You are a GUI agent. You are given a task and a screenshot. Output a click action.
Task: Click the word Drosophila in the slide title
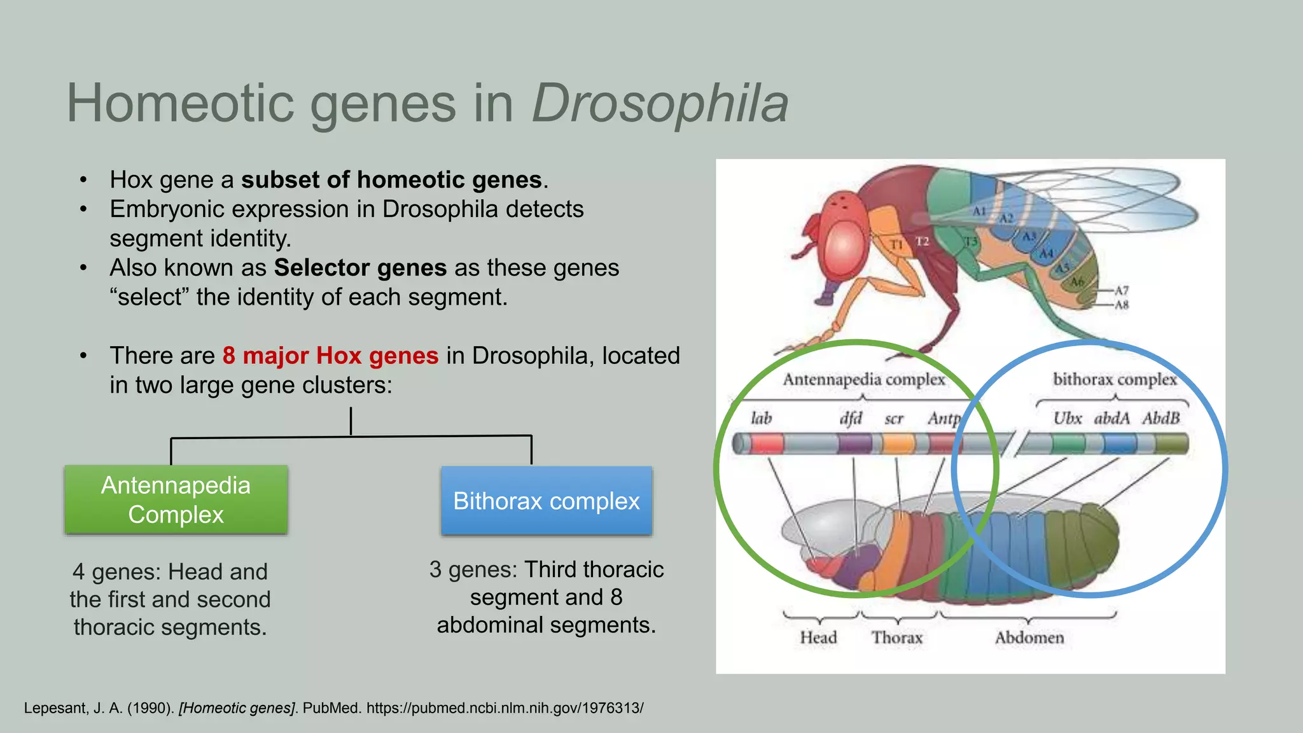tap(660, 103)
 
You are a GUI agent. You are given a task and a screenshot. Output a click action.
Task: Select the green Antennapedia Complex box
tap(176, 499)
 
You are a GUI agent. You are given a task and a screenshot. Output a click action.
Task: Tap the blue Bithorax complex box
tap(546, 501)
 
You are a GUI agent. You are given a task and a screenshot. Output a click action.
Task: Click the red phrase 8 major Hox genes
tap(330, 356)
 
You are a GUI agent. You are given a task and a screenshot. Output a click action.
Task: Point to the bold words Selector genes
tap(360, 268)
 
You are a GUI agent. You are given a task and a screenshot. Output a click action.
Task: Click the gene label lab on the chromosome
tap(761, 418)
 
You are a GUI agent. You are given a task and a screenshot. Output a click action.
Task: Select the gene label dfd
tap(851, 418)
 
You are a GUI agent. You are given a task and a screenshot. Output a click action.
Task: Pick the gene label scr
tap(894, 419)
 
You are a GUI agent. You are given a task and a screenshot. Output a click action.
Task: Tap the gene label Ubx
tap(1067, 418)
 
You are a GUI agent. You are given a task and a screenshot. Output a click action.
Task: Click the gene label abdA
tap(1111, 418)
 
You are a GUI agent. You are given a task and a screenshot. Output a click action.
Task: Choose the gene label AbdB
tap(1160, 418)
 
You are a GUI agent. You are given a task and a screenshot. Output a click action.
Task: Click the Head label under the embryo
tap(818, 638)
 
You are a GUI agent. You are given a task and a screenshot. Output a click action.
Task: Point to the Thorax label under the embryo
tap(896, 638)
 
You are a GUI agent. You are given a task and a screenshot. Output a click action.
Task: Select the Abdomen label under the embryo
tap(1029, 638)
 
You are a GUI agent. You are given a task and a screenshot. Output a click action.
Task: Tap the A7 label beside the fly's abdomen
tap(1121, 290)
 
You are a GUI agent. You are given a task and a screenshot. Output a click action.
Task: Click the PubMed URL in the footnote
tap(505, 708)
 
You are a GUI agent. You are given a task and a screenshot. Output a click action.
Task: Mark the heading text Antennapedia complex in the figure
tap(863, 379)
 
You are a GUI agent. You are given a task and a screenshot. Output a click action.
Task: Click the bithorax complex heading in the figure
tap(1115, 379)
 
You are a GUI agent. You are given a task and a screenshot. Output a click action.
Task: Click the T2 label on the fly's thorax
tap(922, 242)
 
